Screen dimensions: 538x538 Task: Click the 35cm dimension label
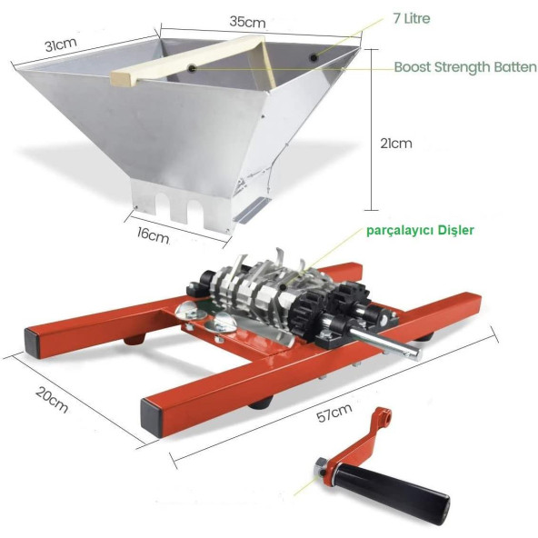247,22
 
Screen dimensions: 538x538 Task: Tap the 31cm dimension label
61,45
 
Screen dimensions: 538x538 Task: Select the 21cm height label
396,143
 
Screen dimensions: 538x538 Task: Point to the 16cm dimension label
153,234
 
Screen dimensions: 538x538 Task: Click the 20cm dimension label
52,399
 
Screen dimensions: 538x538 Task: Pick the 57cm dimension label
334,413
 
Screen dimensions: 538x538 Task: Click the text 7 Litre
412,18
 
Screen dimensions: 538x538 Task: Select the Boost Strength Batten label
465,67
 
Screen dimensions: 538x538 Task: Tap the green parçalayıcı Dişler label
420,230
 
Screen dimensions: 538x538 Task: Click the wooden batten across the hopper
188,61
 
